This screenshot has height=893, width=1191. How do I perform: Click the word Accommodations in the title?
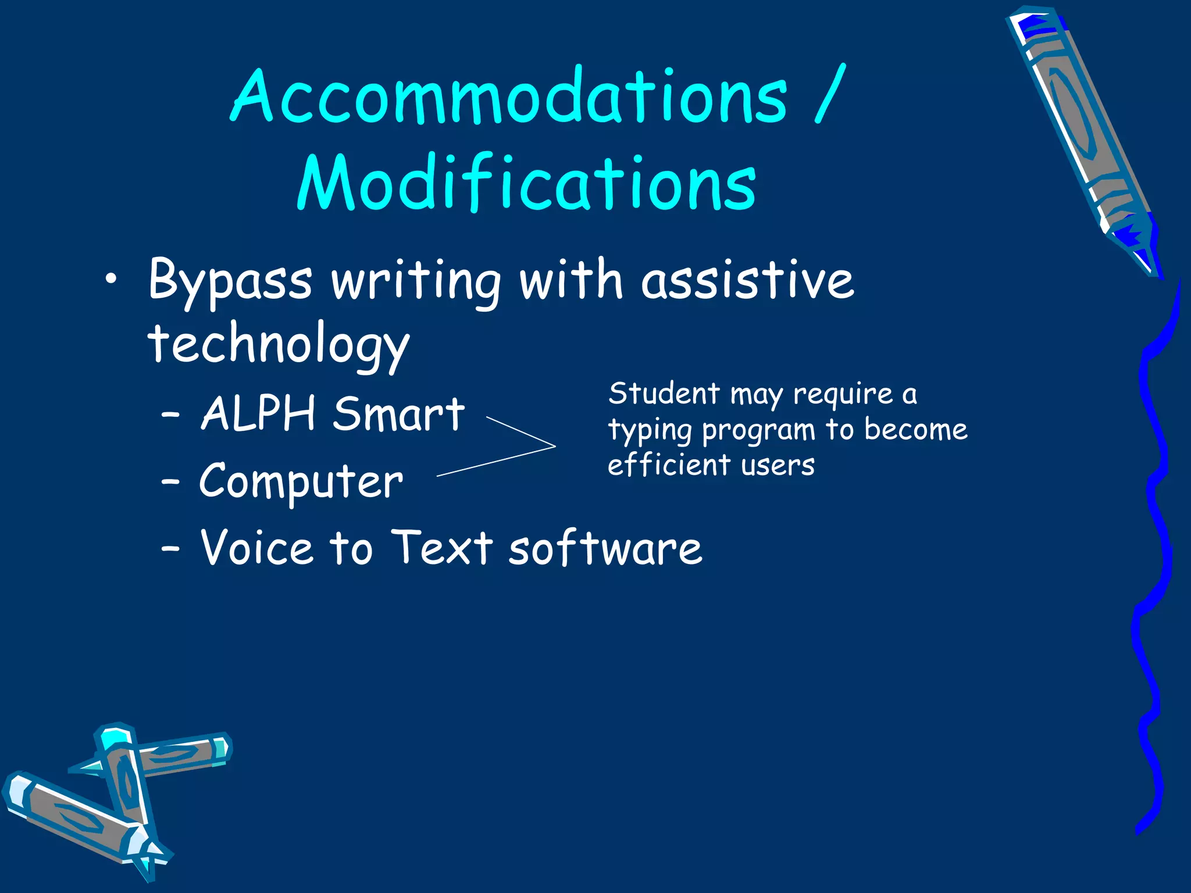509,96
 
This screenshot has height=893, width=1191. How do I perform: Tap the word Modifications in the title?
526,183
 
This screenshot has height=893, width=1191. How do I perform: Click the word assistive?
747,280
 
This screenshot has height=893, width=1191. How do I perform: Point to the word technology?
278,346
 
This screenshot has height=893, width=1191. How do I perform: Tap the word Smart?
398,414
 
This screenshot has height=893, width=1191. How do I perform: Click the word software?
605,548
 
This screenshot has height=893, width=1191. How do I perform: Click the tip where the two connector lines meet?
554,446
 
